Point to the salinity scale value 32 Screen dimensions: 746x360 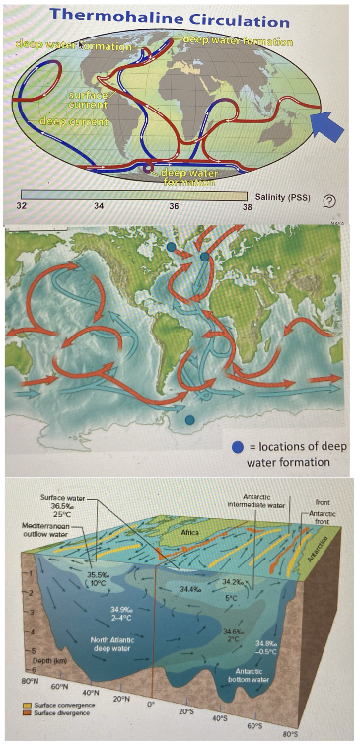tap(22, 205)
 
